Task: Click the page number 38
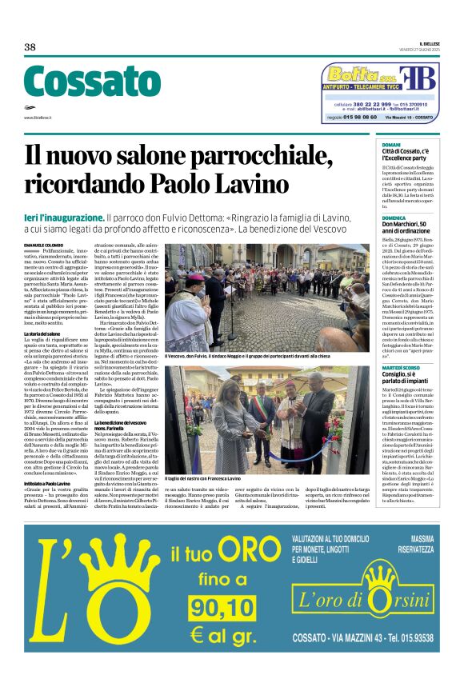[30, 47]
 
